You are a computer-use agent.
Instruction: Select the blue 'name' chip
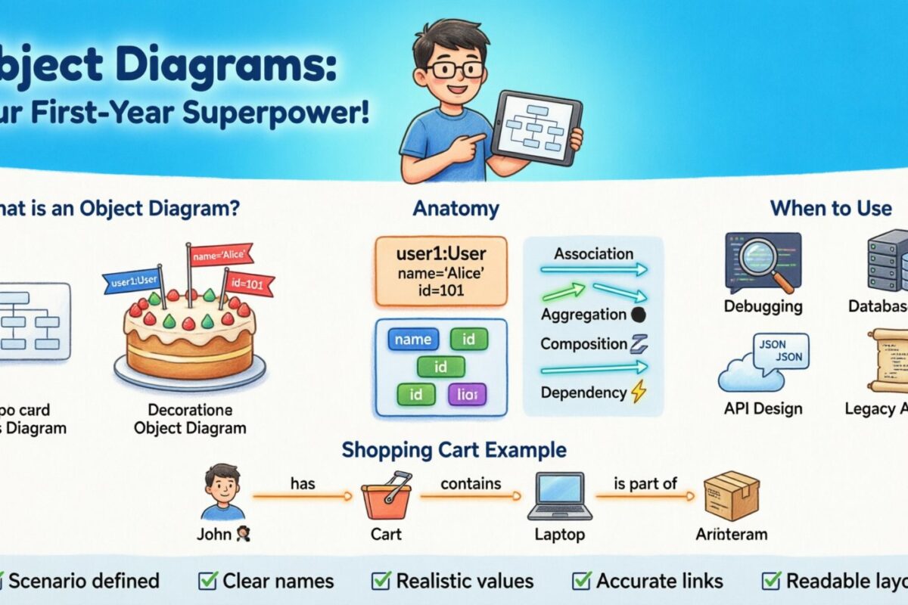[413, 340]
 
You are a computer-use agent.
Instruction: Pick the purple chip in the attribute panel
[467, 393]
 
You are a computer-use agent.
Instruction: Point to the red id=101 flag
[250, 284]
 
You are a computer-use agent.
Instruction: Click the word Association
[594, 253]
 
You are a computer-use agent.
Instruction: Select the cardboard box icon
[730, 495]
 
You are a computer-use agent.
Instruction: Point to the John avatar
[223, 492]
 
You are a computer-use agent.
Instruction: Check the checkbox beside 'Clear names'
[207, 581]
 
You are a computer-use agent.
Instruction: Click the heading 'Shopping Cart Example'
[454, 450]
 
